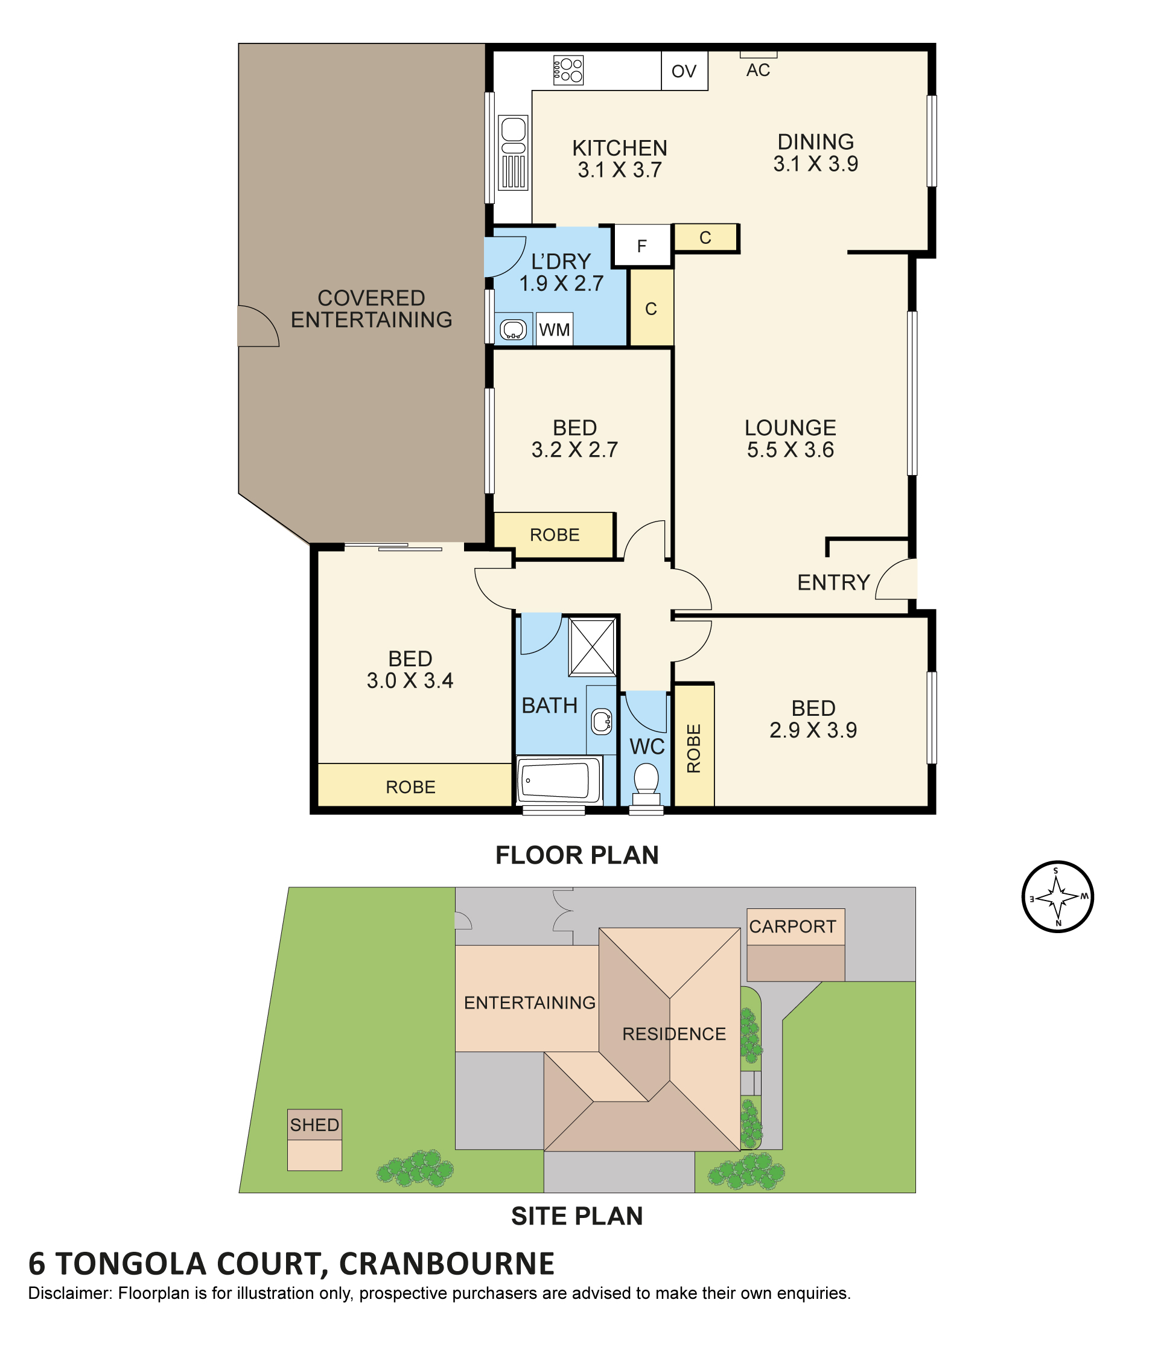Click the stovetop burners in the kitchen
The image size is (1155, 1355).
point(567,70)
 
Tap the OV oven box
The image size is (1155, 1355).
point(684,71)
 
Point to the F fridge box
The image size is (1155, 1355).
point(642,245)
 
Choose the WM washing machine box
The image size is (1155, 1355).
point(555,329)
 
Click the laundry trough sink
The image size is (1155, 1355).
point(513,329)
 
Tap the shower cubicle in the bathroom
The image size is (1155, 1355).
point(592,646)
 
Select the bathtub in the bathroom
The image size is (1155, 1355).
point(559,780)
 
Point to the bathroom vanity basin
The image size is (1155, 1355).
point(600,721)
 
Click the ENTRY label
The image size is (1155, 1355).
point(833,582)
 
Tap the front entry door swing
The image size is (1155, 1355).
point(896,579)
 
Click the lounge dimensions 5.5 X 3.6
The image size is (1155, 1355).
point(791,450)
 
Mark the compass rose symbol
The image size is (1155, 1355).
point(1058,896)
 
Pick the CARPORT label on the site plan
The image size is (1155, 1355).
point(792,926)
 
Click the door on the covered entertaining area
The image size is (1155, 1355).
point(258,326)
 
